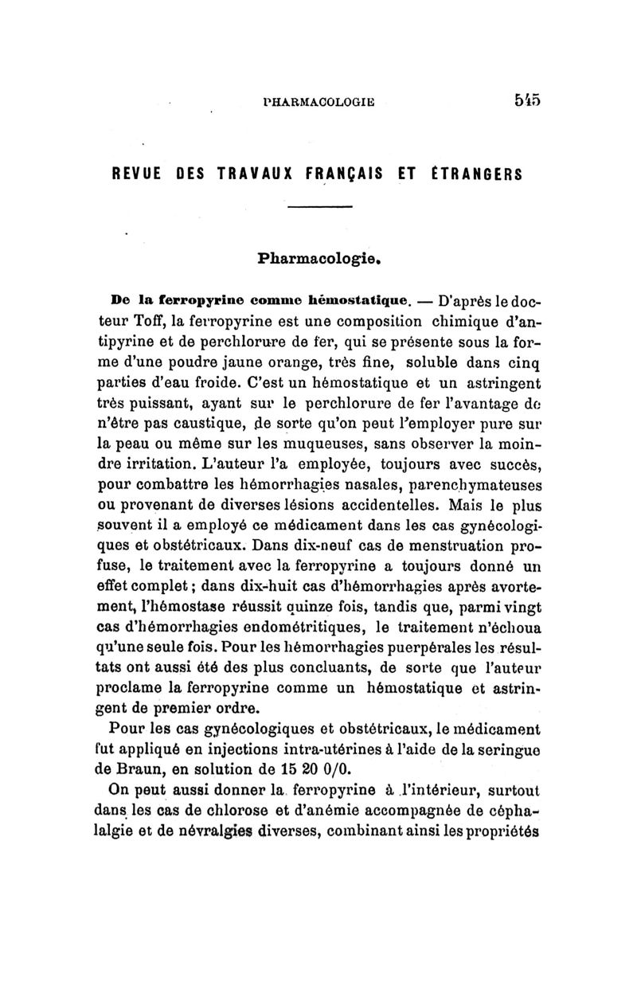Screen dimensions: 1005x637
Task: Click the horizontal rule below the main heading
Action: point(318,209)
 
